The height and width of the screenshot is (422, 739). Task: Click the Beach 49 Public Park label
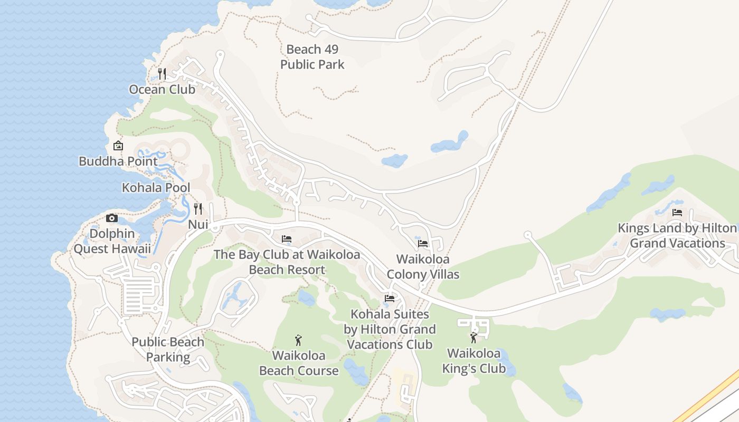(312, 57)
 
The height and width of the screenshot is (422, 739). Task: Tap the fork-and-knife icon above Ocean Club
(163, 74)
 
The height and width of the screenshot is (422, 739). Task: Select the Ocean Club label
(162, 89)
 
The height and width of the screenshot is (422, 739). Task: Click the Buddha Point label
(118, 161)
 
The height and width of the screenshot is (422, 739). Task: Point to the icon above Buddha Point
(118, 146)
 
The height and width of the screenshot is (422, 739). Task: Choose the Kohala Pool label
(156, 187)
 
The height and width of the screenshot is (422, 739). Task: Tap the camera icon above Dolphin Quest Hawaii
(112, 218)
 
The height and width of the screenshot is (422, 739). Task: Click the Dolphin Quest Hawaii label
(112, 241)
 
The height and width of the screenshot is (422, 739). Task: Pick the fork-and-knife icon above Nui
(198, 209)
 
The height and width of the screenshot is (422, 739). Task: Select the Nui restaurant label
(198, 224)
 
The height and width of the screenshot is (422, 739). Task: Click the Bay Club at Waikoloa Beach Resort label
(287, 262)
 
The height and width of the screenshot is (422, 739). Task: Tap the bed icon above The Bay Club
(287, 239)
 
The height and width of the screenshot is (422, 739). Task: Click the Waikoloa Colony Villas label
(423, 267)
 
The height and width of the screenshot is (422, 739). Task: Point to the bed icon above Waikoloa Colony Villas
(423, 244)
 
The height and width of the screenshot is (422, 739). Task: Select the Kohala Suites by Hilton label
(390, 329)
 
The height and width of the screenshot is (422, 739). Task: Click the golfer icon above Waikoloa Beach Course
(299, 340)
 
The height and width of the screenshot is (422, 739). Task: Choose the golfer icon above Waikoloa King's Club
(473, 338)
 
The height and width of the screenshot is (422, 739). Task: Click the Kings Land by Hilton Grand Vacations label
(678, 235)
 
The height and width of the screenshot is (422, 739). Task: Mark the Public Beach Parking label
(168, 349)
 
